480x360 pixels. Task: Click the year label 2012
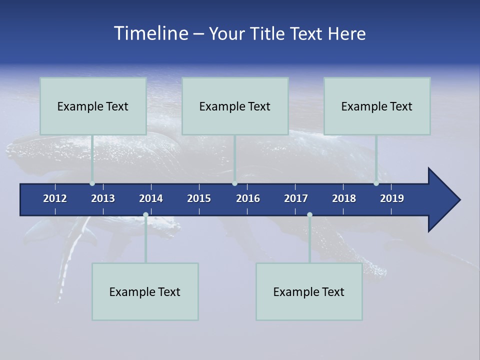pos(55,198)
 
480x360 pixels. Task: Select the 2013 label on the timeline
pos(103,198)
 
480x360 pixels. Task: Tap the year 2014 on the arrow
pos(151,198)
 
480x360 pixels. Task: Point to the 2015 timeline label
pos(199,198)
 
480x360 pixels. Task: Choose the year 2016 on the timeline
pos(248,198)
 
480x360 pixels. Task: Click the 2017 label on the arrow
pos(296,198)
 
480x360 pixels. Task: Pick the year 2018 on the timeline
pos(344,198)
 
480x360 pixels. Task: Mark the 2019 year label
pos(392,198)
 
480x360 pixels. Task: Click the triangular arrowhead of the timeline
pos(442,200)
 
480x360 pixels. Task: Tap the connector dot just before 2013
pos(92,183)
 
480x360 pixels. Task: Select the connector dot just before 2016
pos(234,183)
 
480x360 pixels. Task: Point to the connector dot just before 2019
pos(376,183)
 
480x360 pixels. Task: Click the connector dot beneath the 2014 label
pos(145,215)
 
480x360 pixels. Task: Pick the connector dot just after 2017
pos(309,215)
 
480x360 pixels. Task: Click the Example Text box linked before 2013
pos(93,106)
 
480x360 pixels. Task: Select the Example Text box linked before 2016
pos(235,106)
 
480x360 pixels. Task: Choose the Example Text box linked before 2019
pos(377,106)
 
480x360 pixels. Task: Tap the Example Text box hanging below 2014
pos(145,291)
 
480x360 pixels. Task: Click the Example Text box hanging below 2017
pos(309,291)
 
